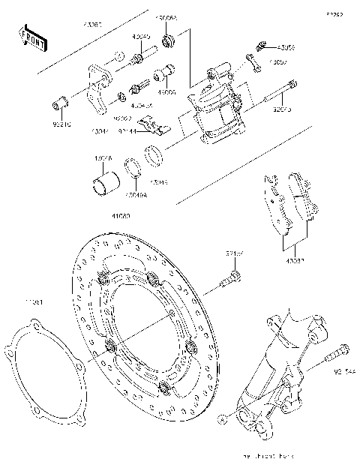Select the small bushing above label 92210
tap(59, 101)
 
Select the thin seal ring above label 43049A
tap(132, 169)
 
